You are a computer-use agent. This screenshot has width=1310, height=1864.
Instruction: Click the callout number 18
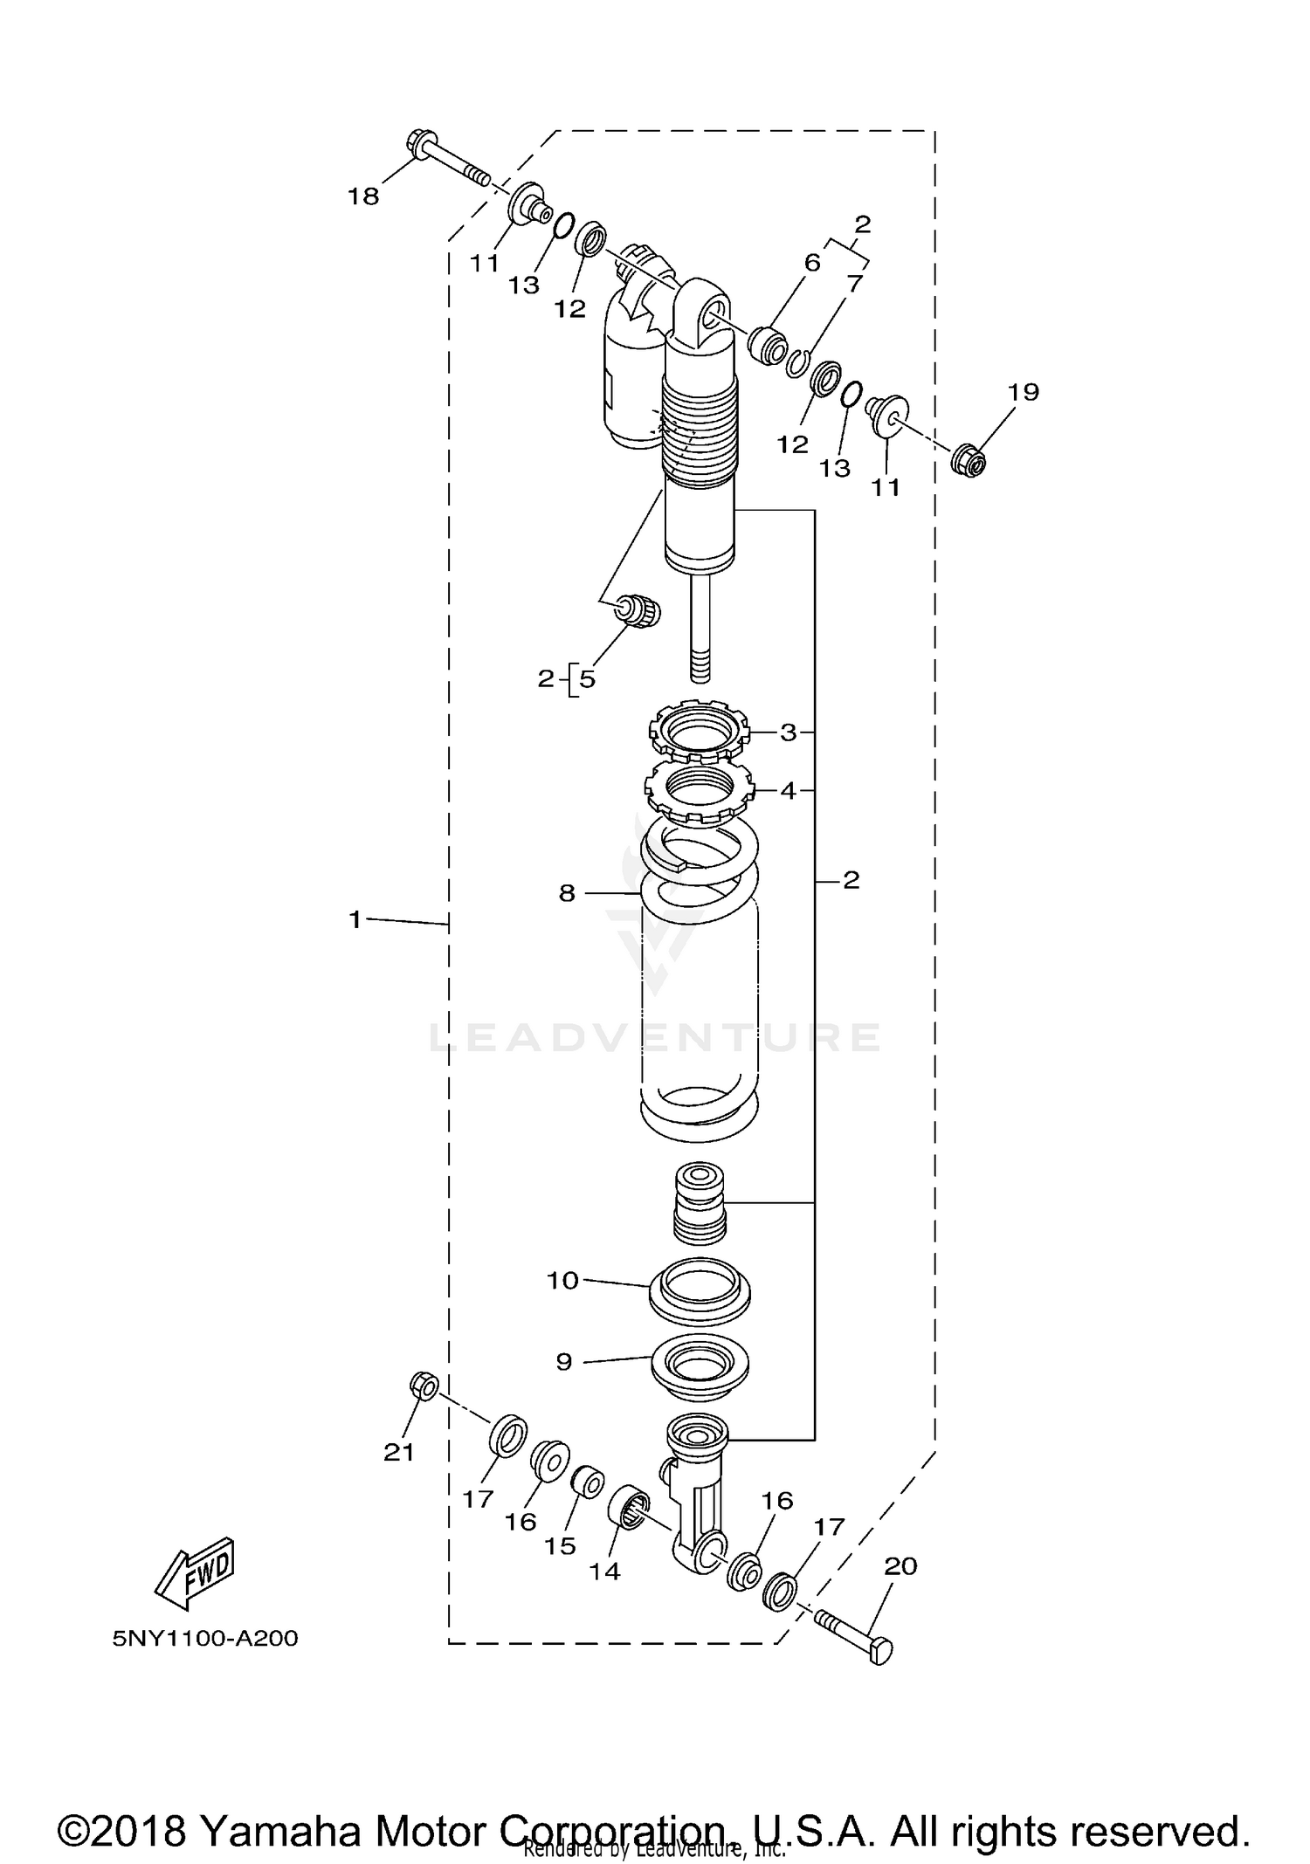363,196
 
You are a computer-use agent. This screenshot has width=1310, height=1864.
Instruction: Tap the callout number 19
1024,392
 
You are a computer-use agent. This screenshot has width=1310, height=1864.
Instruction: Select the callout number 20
900,1566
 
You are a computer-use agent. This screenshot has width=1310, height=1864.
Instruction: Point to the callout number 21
399,1452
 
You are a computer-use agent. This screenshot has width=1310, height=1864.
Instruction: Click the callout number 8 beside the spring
567,893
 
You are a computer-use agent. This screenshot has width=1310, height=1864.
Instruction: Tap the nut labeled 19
969,459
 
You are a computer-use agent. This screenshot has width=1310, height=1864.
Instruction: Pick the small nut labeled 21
424,1386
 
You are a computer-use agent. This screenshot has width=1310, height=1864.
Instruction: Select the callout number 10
563,1281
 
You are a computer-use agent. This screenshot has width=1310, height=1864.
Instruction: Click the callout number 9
564,1362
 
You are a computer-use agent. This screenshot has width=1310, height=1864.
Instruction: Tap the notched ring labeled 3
699,729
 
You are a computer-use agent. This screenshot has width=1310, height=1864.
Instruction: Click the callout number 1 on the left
355,919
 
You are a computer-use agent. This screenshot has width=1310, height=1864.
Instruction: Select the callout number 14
604,1572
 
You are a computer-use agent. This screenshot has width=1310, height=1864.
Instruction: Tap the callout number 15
560,1546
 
